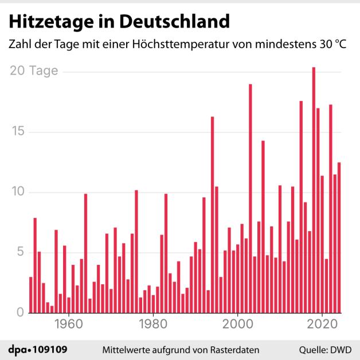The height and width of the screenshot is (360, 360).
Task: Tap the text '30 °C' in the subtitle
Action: click(333, 44)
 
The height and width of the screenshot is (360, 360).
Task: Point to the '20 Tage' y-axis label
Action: click(34, 71)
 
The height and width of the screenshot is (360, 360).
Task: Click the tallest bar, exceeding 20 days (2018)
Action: click(314, 189)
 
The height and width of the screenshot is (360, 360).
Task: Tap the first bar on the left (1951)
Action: click(30, 295)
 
